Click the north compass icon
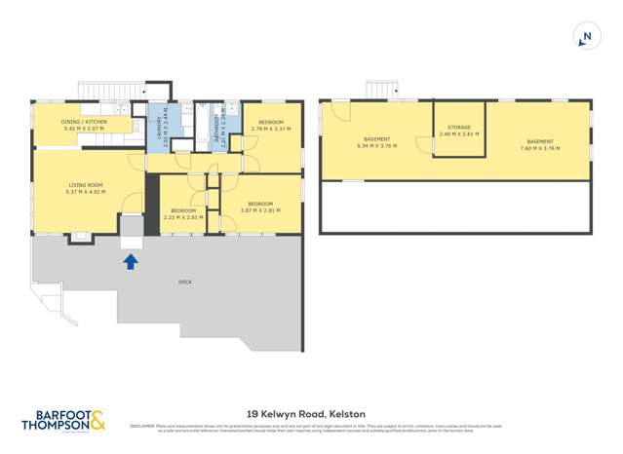click(585, 38)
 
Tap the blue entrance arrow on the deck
click(131, 260)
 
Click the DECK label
click(184, 283)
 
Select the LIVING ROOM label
click(85, 184)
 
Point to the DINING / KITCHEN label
click(83, 122)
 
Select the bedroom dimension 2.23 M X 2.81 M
click(183, 217)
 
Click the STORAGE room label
click(458, 128)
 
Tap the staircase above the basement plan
click(379, 91)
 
